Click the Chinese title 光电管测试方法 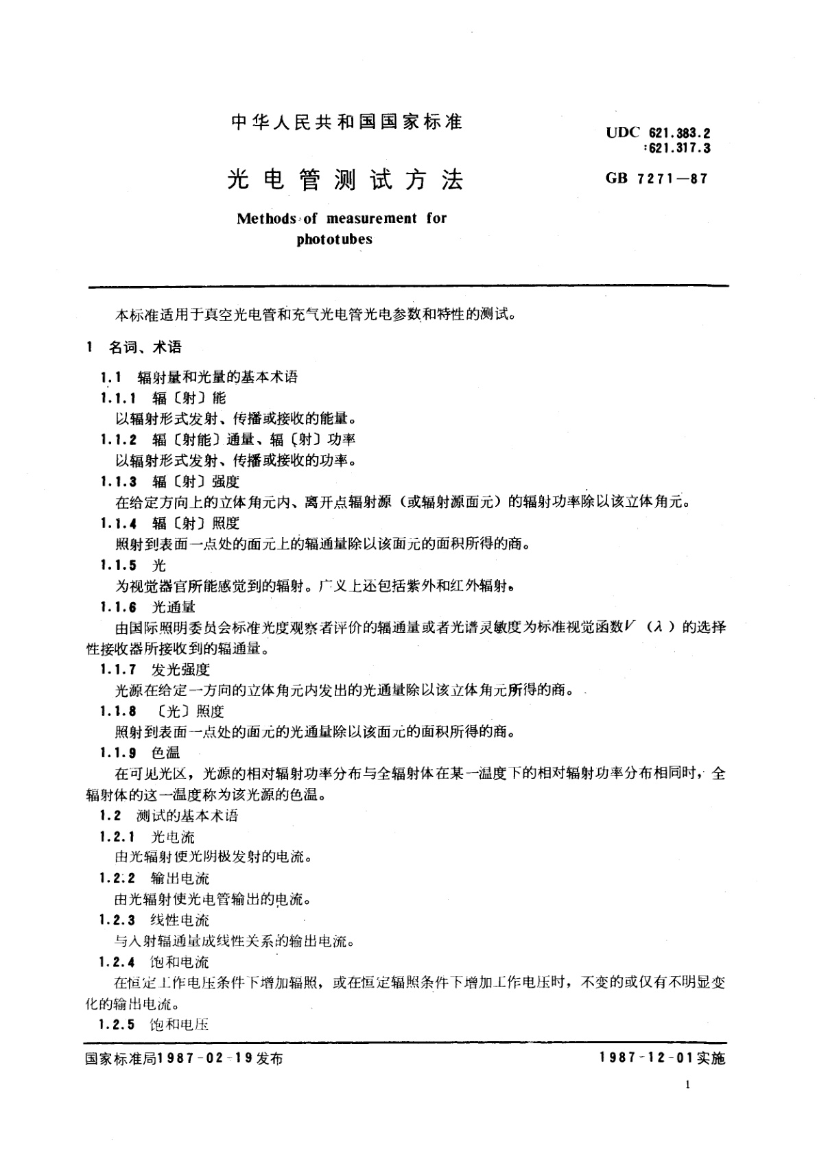pyautogui.click(x=345, y=180)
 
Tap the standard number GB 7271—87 pyautogui.click(x=656, y=179)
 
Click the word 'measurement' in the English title pyautogui.click(x=371, y=219)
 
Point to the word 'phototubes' pyautogui.click(x=334, y=239)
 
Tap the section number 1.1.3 pyautogui.click(x=118, y=482)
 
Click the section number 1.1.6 pyautogui.click(x=118, y=607)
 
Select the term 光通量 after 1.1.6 pyautogui.click(x=173, y=607)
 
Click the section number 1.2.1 pyautogui.click(x=118, y=837)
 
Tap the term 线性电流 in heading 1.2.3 pyautogui.click(x=180, y=920)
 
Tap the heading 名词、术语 pyautogui.click(x=145, y=348)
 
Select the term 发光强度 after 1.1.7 pyautogui.click(x=180, y=669)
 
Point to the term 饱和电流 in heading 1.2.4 pyautogui.click(x=180, y=962)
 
